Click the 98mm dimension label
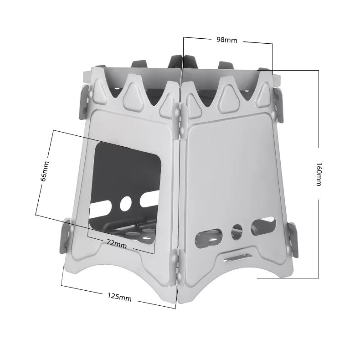(x=226, y=40)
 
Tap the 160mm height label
(x=319, y=174)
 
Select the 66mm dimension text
(x=45, y=171)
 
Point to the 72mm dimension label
(x=117, y=244)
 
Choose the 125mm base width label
(x=119, y=297)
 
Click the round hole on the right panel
(x=237, y=232)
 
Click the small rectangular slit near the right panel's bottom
(x=238, y=257)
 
